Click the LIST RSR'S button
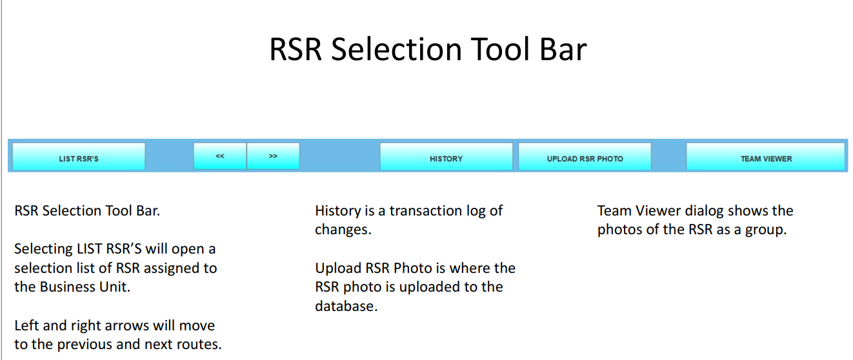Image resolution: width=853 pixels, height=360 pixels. [79, 156]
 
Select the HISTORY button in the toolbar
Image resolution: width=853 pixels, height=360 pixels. [446, 156]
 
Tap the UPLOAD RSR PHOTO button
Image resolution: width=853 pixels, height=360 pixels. [585, 156]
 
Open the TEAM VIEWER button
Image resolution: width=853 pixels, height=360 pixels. [765, 156]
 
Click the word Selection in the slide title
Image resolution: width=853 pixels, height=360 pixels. [396, 49]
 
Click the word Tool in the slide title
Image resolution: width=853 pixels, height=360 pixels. [500, 49]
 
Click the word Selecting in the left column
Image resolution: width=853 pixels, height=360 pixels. [43, 250]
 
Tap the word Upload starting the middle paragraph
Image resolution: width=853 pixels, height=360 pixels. [338, 269]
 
